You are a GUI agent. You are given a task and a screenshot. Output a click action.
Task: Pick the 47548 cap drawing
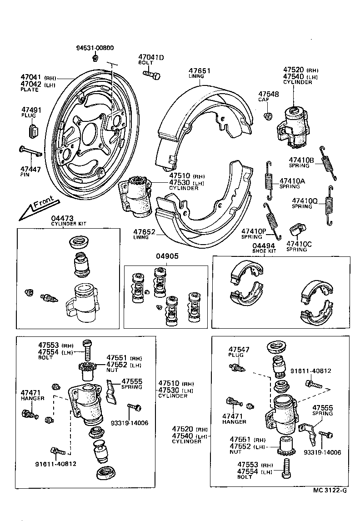pos(268,116)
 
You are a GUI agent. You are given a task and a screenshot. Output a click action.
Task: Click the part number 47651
pos(200,70)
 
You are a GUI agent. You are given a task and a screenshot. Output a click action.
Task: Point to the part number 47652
pos(144,231)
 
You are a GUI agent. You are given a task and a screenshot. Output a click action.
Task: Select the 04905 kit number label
pos(166,256)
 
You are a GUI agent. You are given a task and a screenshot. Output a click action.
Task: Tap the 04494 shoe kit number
pos(264,245)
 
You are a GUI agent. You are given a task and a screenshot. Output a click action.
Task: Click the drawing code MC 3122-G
pos(330,490)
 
